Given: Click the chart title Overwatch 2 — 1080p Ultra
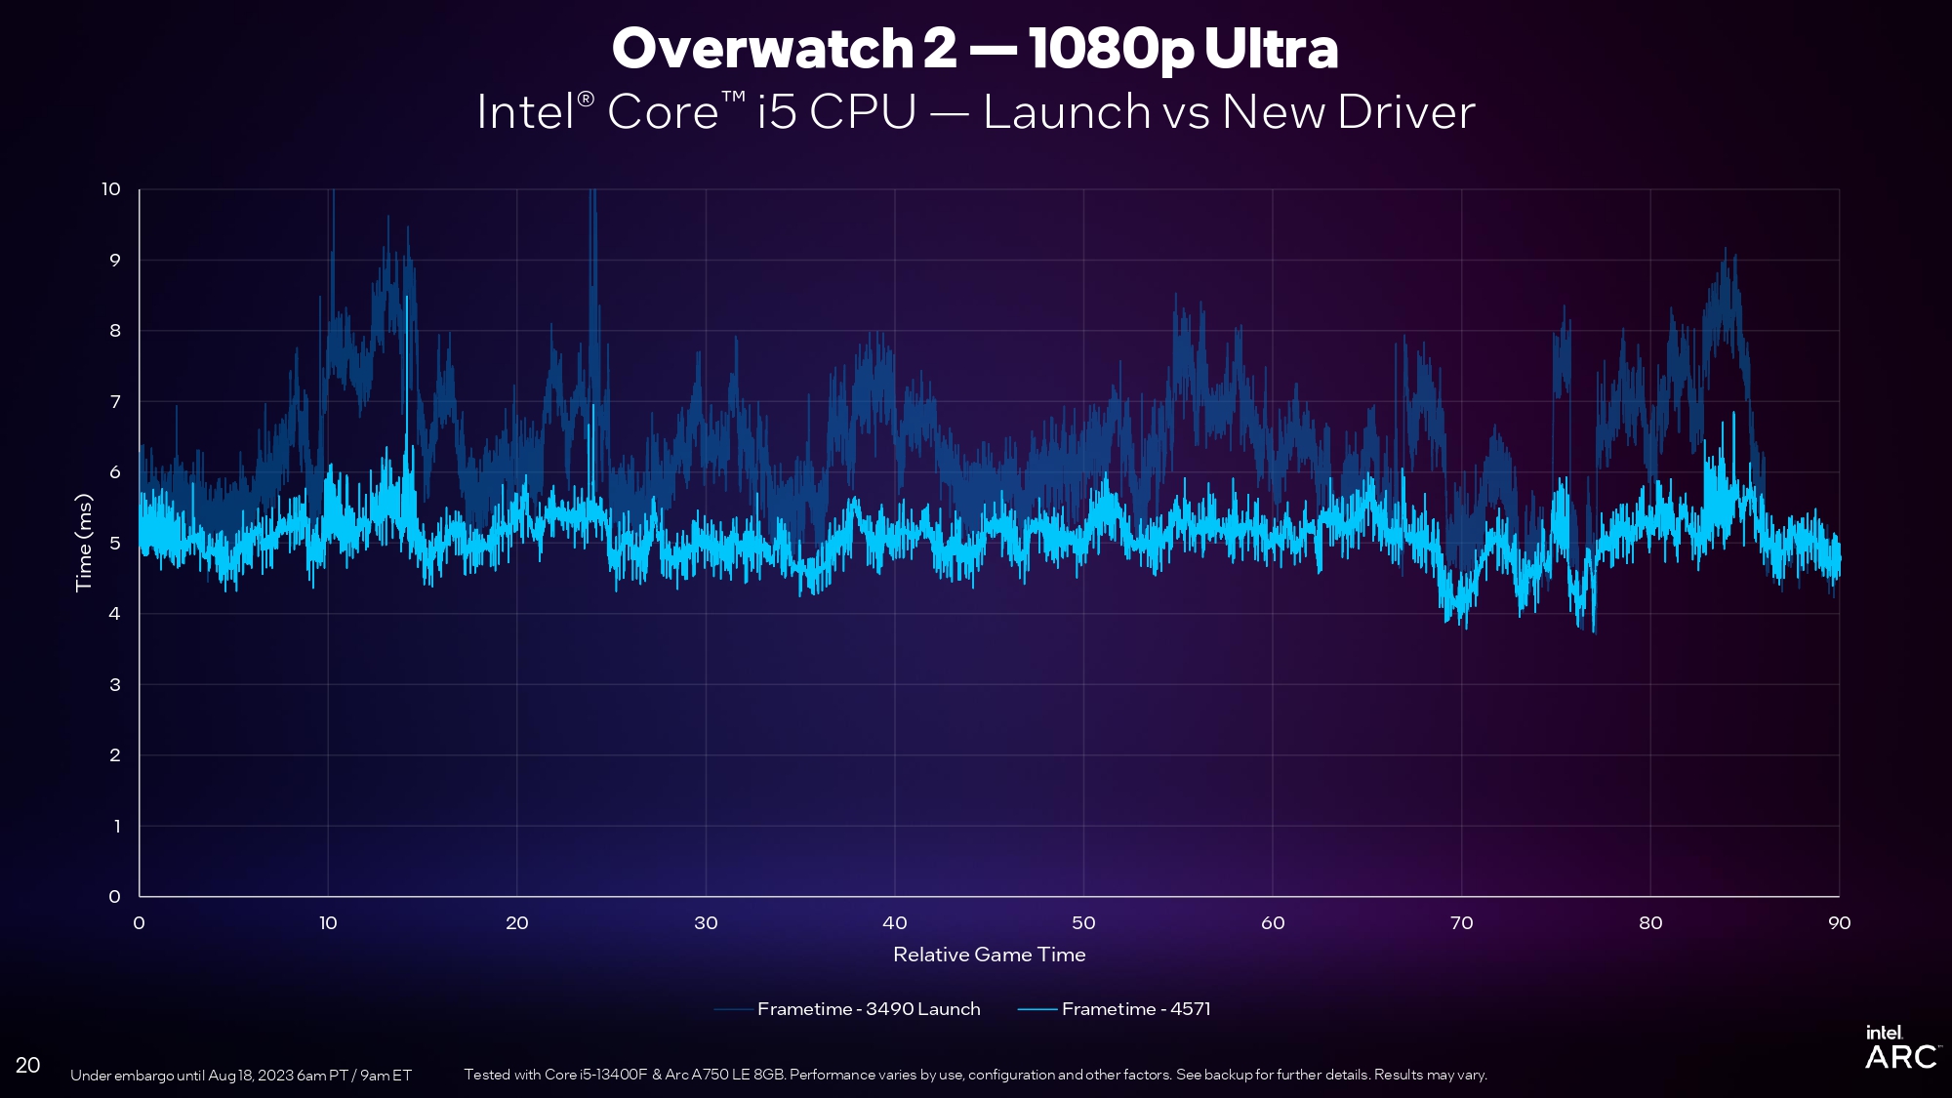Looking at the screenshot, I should pos(974,48).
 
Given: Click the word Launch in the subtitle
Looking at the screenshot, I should pos(1067,112).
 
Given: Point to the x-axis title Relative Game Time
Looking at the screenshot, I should pos(989,955).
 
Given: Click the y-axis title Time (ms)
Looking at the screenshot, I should pos(84,543).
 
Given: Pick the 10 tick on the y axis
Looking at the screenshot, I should pos(111,189).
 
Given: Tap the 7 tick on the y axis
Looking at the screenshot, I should pos(115,401).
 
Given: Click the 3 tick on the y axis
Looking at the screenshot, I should pos(115,684).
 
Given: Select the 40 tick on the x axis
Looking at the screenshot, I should pos(894,923).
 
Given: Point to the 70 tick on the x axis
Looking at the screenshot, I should pos(1461,923).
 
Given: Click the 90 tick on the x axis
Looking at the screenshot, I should pos(1839,923).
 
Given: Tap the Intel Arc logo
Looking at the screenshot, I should pos(1899,1048).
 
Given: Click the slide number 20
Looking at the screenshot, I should pos(28,1065).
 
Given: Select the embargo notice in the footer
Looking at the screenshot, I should pos(241,1076).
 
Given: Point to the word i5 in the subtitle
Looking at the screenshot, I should pos(777,112).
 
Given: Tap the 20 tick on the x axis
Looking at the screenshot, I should pos(516,923).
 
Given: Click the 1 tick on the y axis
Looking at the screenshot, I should pos(117,826).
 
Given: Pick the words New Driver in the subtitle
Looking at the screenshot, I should pos(1348,112).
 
